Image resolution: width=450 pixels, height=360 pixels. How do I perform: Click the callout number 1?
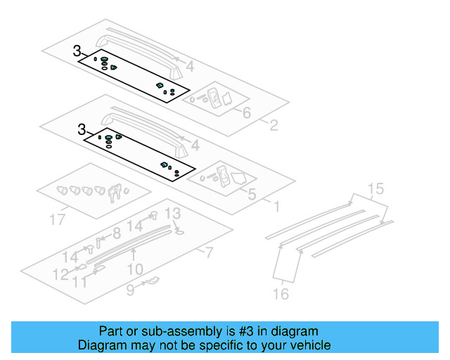coord(276,207)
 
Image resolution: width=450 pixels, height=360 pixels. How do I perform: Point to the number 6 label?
coord(246,112)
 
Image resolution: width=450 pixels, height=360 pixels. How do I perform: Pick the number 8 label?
coord(117,233)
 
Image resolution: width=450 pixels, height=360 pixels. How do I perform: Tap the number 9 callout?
coord(130,288)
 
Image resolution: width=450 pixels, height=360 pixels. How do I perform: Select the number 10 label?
coord(135,269)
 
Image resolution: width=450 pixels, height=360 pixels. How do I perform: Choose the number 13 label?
coord(172,214)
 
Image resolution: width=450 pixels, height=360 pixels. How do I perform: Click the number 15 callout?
coord(376,188)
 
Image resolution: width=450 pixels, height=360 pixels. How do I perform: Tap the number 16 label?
coord(281,294)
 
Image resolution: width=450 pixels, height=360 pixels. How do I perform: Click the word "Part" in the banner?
coord(111,330)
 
